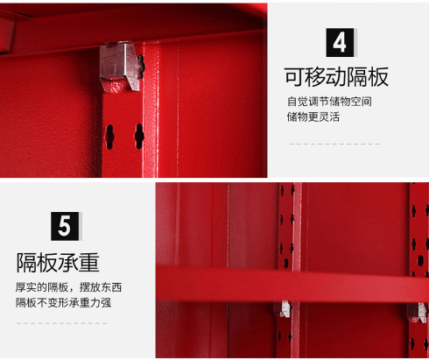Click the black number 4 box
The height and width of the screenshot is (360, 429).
pyautogui.click(x=340, y=42)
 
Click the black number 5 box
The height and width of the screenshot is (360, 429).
pyautogui.click(x=65, y=226)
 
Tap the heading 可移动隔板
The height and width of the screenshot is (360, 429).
pyautogui.click(x=336, y=77)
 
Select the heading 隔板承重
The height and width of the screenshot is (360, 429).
pyautogui.click(x=58, y=263)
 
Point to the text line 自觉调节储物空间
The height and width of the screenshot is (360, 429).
pyautogui.click(x=329, y=102)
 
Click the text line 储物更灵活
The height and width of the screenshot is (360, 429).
pyautogui.click(x=313, y=116)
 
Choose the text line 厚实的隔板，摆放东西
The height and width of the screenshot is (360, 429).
pyautogui.click(x=68, y=287)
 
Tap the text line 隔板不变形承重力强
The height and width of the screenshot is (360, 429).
pyautogui.click(x=63, y=302)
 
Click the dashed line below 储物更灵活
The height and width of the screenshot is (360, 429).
pyautogui.click(x=334, y=144)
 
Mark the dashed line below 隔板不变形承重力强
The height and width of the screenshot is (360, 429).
pyautogui.click(x=61, y=323)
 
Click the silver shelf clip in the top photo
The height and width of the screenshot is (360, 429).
pyautogui.click(x=121, y=66)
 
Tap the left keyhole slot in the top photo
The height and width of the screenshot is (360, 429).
pyautogui.click(x=109, y=137)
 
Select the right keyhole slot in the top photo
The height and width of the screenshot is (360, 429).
pyautogui.click(x=139, y=136)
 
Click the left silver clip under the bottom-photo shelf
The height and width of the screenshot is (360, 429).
pyautogui.click(x=283, y=309)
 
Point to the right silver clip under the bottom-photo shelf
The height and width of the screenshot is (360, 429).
pyautogui.click(x=418, y=312)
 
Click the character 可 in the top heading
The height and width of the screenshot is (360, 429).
pyautogui.click(x=294, y=77)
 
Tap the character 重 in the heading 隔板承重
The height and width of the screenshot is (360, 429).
pyautogui.click(x=89, y=263)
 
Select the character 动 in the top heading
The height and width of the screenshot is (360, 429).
pyautogui.click(x=336, y=77)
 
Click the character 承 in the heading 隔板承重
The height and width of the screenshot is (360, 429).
pyautogui.click(x=68, y=263)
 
